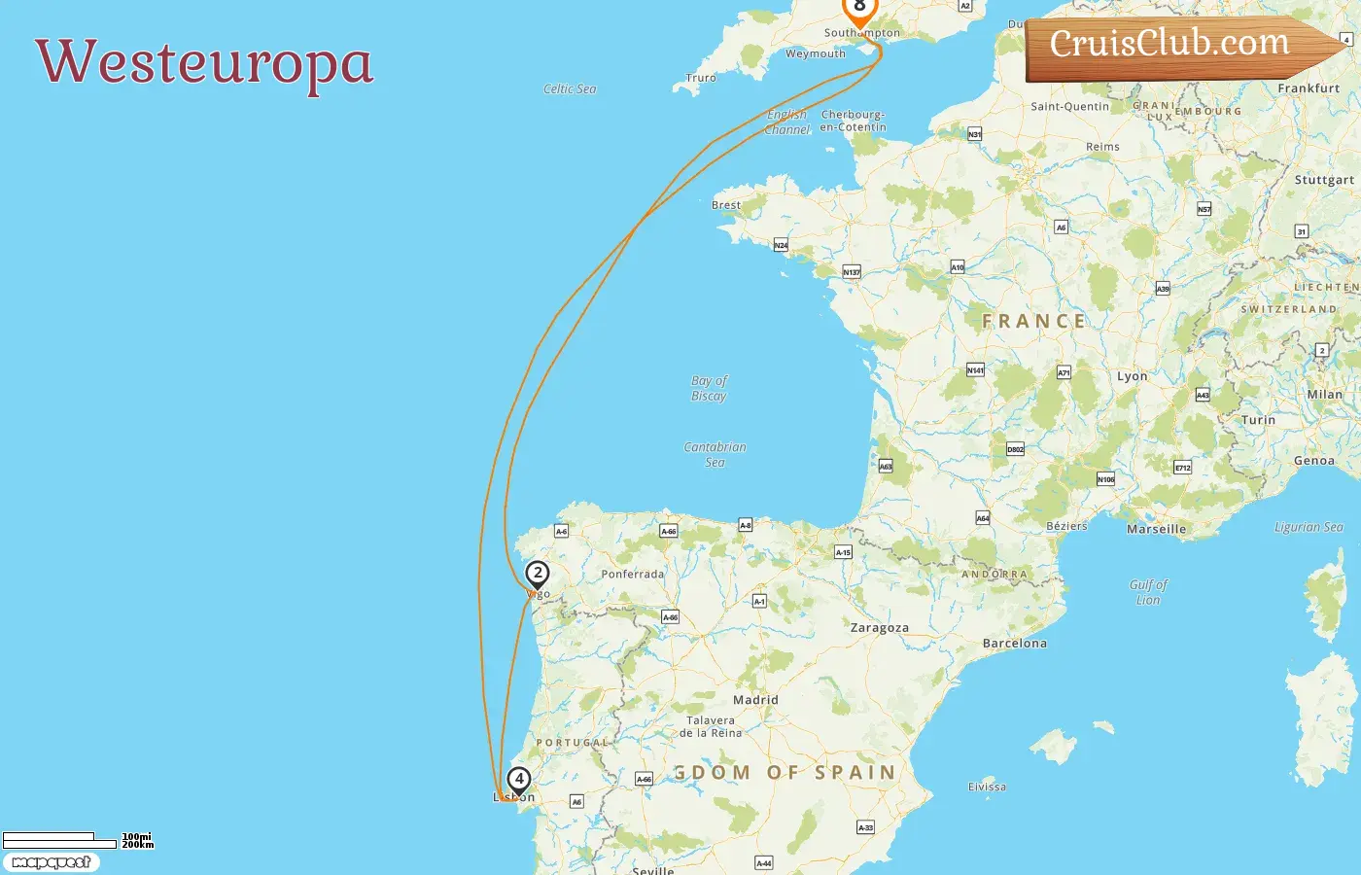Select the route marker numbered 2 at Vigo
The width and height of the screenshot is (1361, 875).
click(x=537, y=574)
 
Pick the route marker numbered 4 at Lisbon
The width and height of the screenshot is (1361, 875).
click(x=519, y=780)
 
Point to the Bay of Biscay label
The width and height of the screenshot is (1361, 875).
click(x=709, y=388)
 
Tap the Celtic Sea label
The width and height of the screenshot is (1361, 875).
click(x=570, y=89)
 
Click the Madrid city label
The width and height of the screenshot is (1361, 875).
click(x=755, y=700)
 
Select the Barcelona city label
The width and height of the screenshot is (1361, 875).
click(x=1014, y=644)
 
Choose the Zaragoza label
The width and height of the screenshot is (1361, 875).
click(x=879, y=628)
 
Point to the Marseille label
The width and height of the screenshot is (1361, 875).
click(x=1156, y=530)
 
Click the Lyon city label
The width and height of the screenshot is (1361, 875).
click(x=1132, y=376)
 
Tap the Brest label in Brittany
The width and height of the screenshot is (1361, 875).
click(x=725, y=205)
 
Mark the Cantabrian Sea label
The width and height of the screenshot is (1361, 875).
click(x=715, y=454)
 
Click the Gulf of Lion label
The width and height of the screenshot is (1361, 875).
click(x=1148, y=592)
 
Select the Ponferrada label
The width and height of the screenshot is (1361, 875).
click(x=632, y=575)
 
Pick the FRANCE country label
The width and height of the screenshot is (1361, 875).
click(x=1033, y=322)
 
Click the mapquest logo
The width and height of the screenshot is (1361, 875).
click(x=51, y=862)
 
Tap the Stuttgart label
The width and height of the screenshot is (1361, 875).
click(x=1323, y=180)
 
